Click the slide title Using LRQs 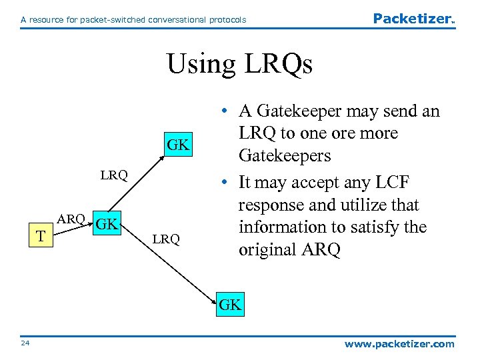pos(239,64)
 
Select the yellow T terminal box pos(41,235)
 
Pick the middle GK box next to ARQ pos(107,223)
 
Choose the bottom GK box pos(230,305)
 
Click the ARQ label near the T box pos(71,219)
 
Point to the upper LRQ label pos(114,175)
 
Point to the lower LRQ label pos(166,239)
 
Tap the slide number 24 pos(25,344)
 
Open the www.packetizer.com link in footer pos(399,344)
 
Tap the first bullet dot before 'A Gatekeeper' pos(228,111)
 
